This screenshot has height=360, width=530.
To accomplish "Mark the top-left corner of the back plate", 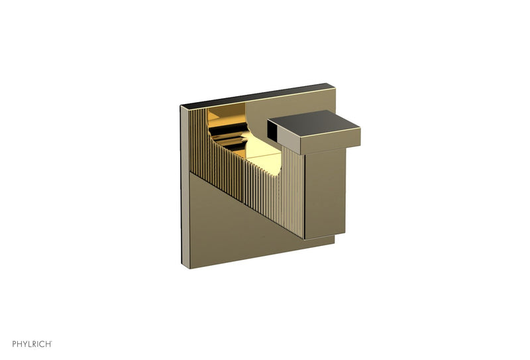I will coord(182,105).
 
